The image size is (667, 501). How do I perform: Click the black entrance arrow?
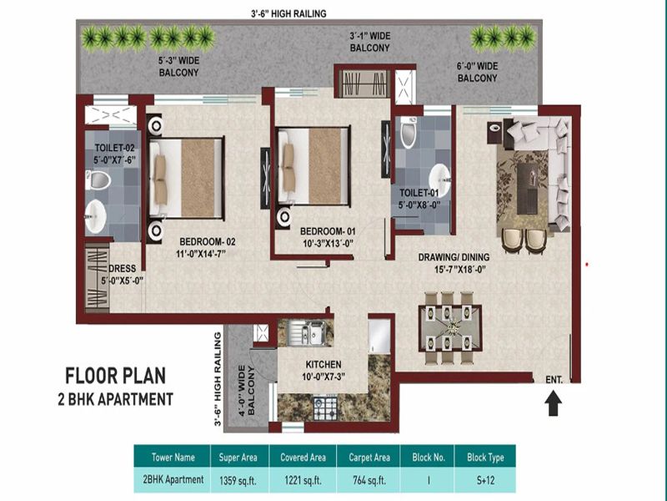point(553,404)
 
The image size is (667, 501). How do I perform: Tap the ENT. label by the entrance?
point(554,379)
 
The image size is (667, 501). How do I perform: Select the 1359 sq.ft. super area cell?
point(238,481)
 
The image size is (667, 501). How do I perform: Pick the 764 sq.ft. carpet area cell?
point(369,480)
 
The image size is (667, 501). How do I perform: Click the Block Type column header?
point(485,457)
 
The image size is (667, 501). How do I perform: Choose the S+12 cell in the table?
point(485,480)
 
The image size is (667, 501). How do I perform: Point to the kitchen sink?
point(306,332)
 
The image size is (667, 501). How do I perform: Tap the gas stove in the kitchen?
point(325,408)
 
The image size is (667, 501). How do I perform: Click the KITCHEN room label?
point(323,365)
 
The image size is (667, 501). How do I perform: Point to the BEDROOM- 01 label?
point(328,231)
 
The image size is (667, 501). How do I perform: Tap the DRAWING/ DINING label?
point(454,257)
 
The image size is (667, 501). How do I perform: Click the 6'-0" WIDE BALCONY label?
point(477,72)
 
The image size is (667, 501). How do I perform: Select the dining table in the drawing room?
point(450,327)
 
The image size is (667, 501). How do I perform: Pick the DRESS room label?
point(122,269)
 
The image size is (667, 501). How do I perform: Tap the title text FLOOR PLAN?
point(115,376)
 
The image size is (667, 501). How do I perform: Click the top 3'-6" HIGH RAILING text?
point(288,13)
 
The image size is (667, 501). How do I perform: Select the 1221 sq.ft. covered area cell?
point(303,481)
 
